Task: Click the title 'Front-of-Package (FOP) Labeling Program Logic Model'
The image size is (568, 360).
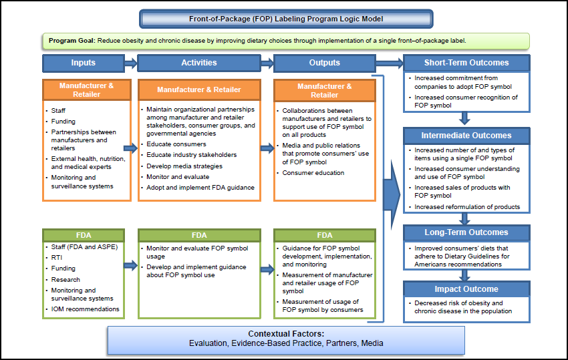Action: click(286, 19)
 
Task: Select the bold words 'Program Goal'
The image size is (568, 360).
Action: click(72, 41)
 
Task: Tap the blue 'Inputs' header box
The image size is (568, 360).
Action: click(84, 63)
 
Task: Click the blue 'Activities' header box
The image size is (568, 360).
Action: click(199, 63)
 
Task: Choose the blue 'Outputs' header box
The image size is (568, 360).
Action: click(324, 63)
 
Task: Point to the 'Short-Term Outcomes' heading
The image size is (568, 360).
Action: click(466, 63)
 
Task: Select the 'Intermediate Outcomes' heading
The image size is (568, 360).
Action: click(466, 136)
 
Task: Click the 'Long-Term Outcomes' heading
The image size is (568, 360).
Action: click(466, 232)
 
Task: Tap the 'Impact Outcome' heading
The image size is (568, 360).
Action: click(466, 289)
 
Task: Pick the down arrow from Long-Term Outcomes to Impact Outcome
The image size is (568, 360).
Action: click(466, 274)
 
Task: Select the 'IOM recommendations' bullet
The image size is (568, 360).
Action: click(85, 309)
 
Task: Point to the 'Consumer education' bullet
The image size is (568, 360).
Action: click(313, 172)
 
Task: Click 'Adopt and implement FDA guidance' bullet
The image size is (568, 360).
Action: click(200, 188)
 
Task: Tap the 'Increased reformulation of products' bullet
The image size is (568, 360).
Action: click(466, 207)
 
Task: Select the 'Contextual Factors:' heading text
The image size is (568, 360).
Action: click(286, 333)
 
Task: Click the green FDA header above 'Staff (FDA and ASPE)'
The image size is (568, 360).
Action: click(84, 236)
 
